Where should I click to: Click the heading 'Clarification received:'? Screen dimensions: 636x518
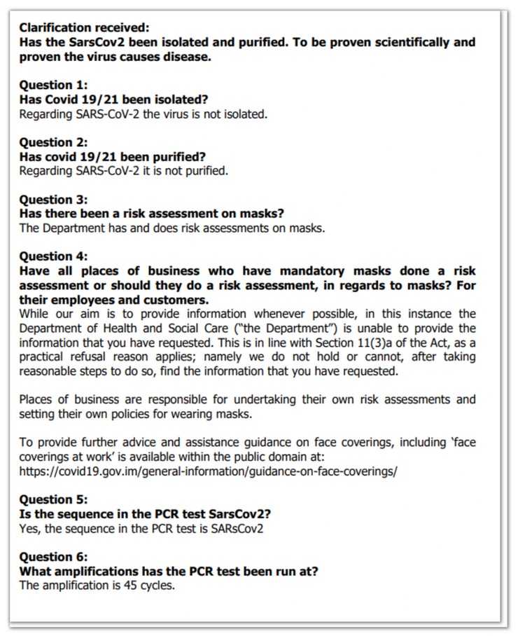point(84,27)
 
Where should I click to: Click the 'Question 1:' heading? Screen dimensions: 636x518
point(53,85)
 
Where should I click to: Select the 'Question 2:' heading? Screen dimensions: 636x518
point(53,142)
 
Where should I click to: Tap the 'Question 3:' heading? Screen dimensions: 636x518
point(53,200)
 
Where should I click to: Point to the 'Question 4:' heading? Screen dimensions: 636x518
point(53,256)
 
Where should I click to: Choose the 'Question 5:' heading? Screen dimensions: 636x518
point(53,499)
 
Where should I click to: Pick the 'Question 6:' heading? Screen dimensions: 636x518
point(53,557)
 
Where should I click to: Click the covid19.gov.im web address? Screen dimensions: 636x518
point(208,471)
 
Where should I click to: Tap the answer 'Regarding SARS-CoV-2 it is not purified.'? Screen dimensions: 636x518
point(124,171)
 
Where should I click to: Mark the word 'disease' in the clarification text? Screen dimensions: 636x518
point(188,57)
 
